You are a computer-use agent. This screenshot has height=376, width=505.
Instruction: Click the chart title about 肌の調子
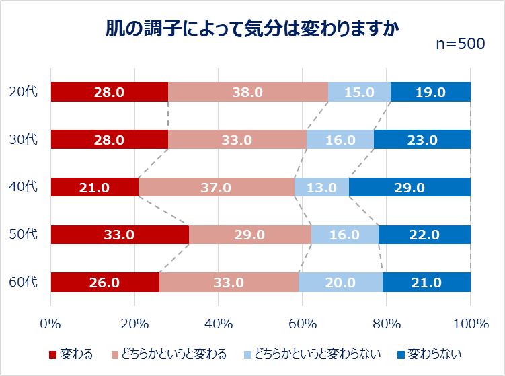click(252, 29)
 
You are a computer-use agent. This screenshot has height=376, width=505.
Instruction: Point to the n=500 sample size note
click(461, 44)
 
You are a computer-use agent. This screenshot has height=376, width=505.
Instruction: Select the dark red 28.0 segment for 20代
click(110, 92)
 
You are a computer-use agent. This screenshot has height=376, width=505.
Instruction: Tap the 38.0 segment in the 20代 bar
click(248, 92)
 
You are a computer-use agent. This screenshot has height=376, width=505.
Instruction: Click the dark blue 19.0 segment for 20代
click(430, 92)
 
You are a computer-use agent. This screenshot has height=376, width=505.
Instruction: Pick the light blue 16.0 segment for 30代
click(340, 139)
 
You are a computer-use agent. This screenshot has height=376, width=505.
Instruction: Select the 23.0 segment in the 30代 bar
click(422, 139)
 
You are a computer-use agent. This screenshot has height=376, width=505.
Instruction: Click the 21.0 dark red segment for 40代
click(95, 187)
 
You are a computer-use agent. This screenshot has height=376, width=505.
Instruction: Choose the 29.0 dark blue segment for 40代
click(410, 187)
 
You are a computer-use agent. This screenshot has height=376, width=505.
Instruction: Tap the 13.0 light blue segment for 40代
click(321, 187)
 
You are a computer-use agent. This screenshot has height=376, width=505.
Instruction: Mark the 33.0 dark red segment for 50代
click(120, 235)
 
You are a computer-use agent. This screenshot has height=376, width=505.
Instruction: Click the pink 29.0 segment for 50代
click(250, 235)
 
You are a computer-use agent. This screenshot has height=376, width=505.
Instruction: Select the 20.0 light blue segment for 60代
click(340, 283)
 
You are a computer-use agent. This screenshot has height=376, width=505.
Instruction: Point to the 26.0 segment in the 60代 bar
click(105, 283)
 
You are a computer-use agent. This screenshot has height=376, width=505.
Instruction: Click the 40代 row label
click(23, 186)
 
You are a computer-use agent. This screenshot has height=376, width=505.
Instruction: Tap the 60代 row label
click(23, 282)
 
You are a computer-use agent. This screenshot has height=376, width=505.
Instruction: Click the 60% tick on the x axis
click(303, 324)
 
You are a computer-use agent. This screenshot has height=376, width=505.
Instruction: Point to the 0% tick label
click(50, 324)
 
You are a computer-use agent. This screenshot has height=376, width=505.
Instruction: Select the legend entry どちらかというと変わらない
click(313, 354)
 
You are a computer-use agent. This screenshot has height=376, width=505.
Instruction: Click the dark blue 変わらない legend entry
click(430, 354)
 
